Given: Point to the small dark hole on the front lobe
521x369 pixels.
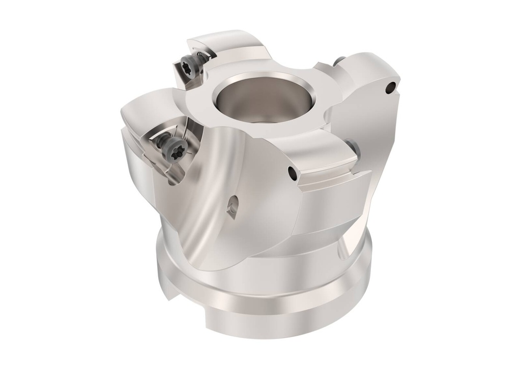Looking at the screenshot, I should tap(293, 173).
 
